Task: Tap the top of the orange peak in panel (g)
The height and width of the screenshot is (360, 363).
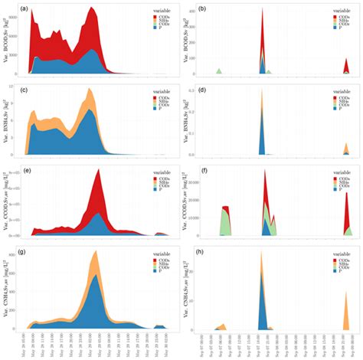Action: [95, 251]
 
